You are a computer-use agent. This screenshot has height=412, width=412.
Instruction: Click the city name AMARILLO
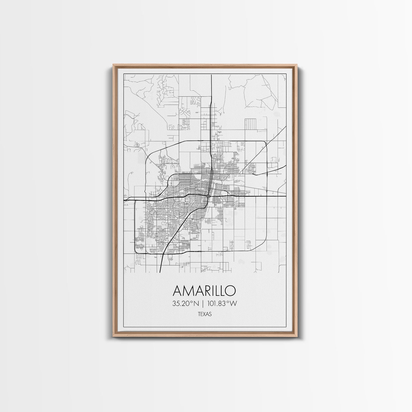coord(204,291)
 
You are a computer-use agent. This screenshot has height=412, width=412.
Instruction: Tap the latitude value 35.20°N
coord(185,304)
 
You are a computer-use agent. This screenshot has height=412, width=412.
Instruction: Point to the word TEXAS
coord(204,314)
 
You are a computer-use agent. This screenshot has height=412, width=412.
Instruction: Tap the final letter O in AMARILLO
coord(230,291)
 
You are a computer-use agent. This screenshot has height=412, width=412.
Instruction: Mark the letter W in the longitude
coord(233,304)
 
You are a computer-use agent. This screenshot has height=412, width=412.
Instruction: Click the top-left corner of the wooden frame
coord(113,65)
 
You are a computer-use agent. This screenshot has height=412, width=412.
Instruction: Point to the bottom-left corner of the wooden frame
coord(113,337)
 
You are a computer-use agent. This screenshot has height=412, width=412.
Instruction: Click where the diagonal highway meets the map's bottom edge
coord(161,272)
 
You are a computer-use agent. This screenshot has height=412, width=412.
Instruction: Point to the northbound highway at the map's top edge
coord(211,75)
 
